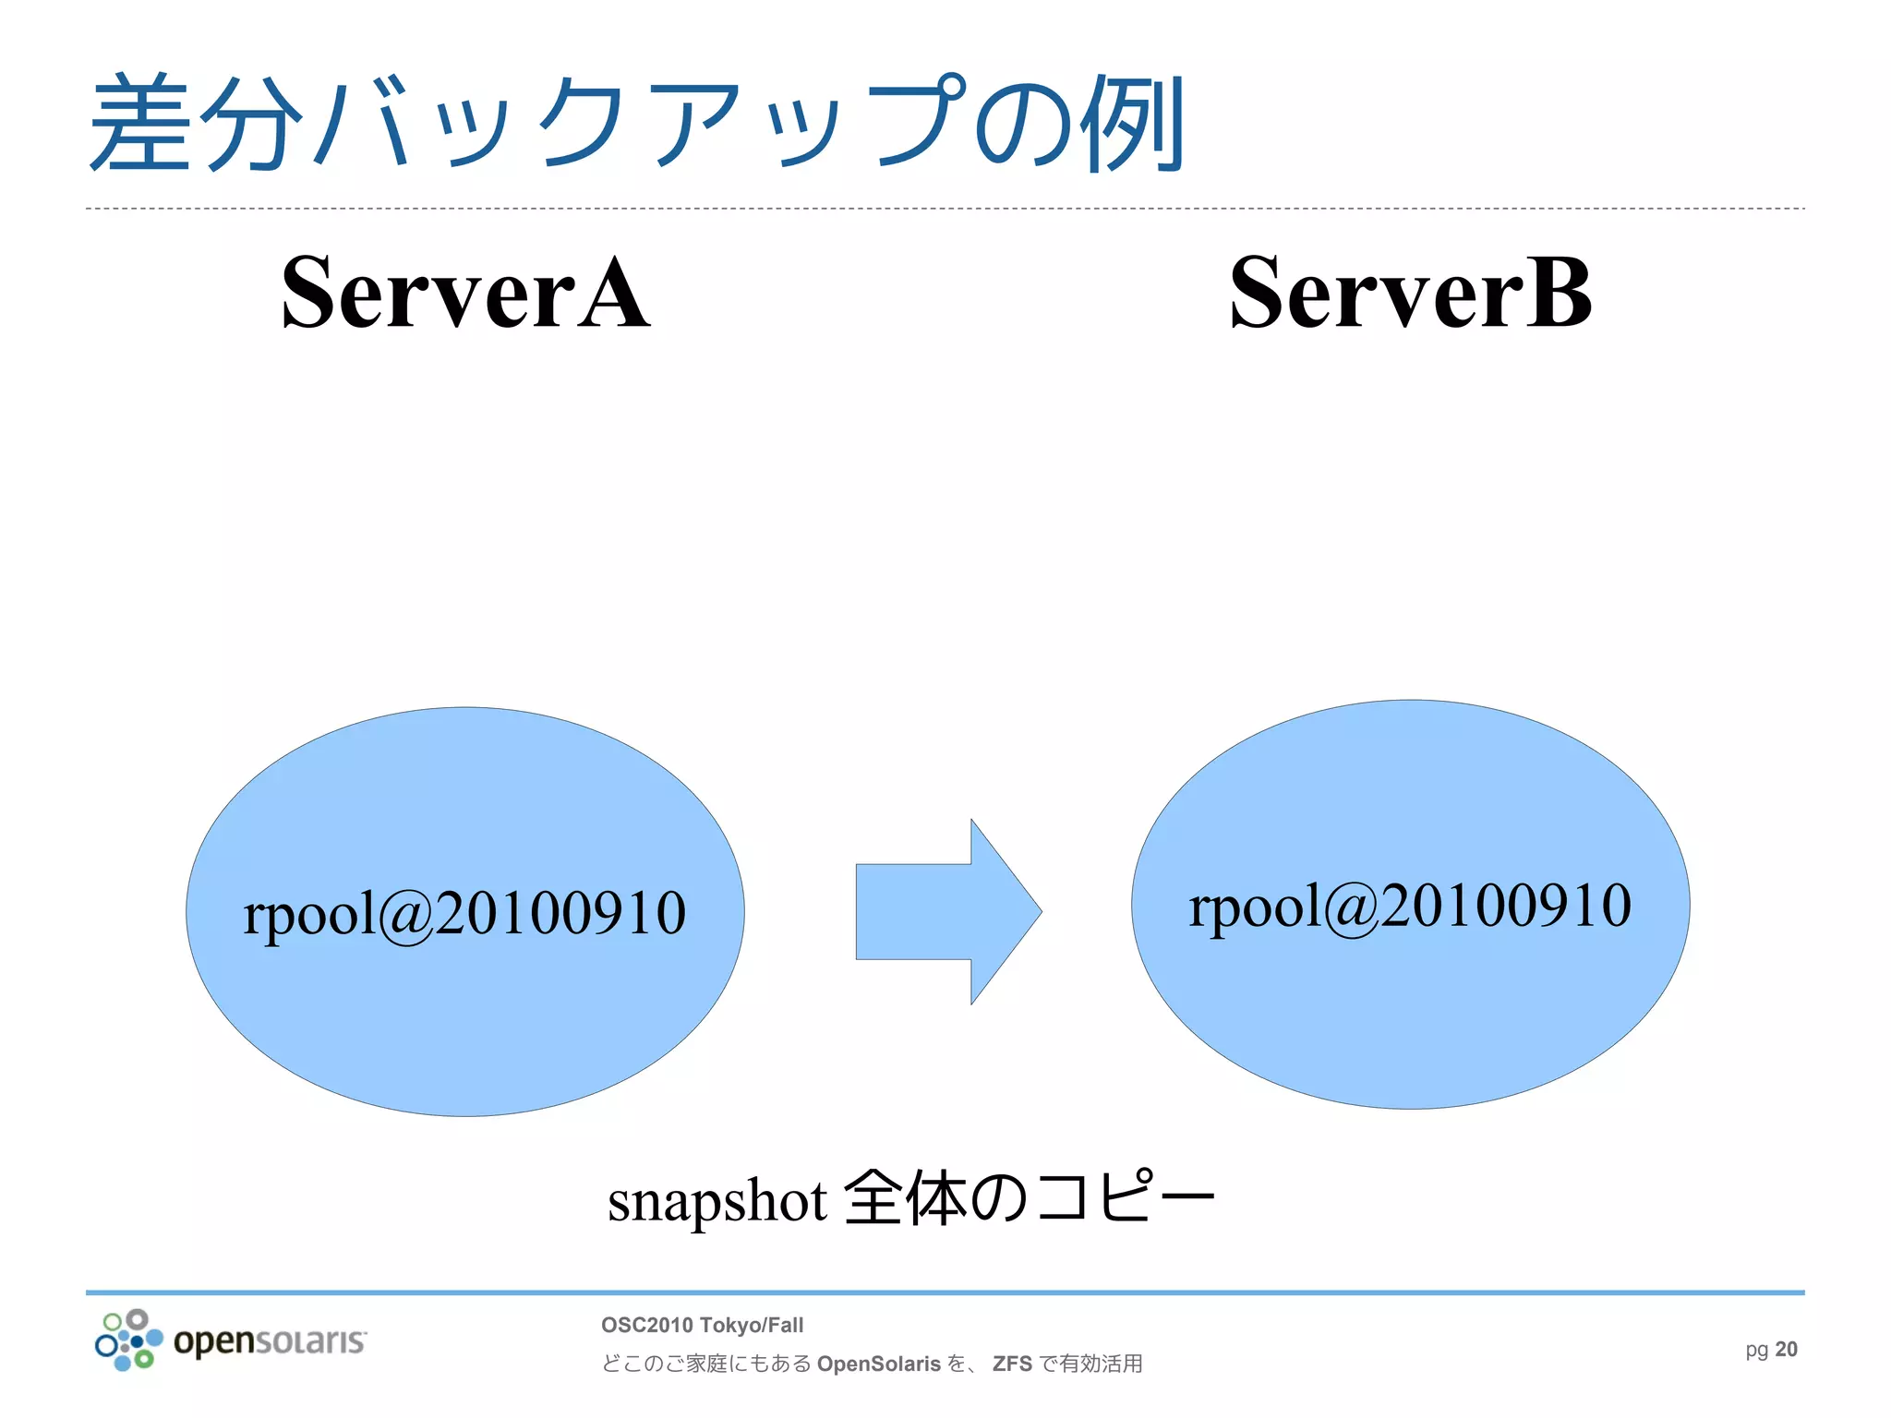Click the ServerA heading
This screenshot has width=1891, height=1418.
[465, 294]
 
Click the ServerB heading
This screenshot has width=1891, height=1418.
[1410, 294]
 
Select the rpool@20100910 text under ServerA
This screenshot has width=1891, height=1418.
[464, 913]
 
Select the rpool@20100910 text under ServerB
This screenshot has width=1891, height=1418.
[1410, 906]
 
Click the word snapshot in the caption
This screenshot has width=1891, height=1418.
[717, 1202]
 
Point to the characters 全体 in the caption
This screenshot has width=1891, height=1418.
[905, 1198]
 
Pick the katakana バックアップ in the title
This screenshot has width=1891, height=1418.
[637, 125]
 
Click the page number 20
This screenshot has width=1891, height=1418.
[1787, 1350]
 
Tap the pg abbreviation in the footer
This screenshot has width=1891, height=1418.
[1756, 1351]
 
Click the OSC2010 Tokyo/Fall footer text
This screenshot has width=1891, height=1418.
[702, 1326]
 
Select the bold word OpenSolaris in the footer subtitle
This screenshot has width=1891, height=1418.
[878, 1364]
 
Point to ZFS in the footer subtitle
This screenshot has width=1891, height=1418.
[1012, 1364]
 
